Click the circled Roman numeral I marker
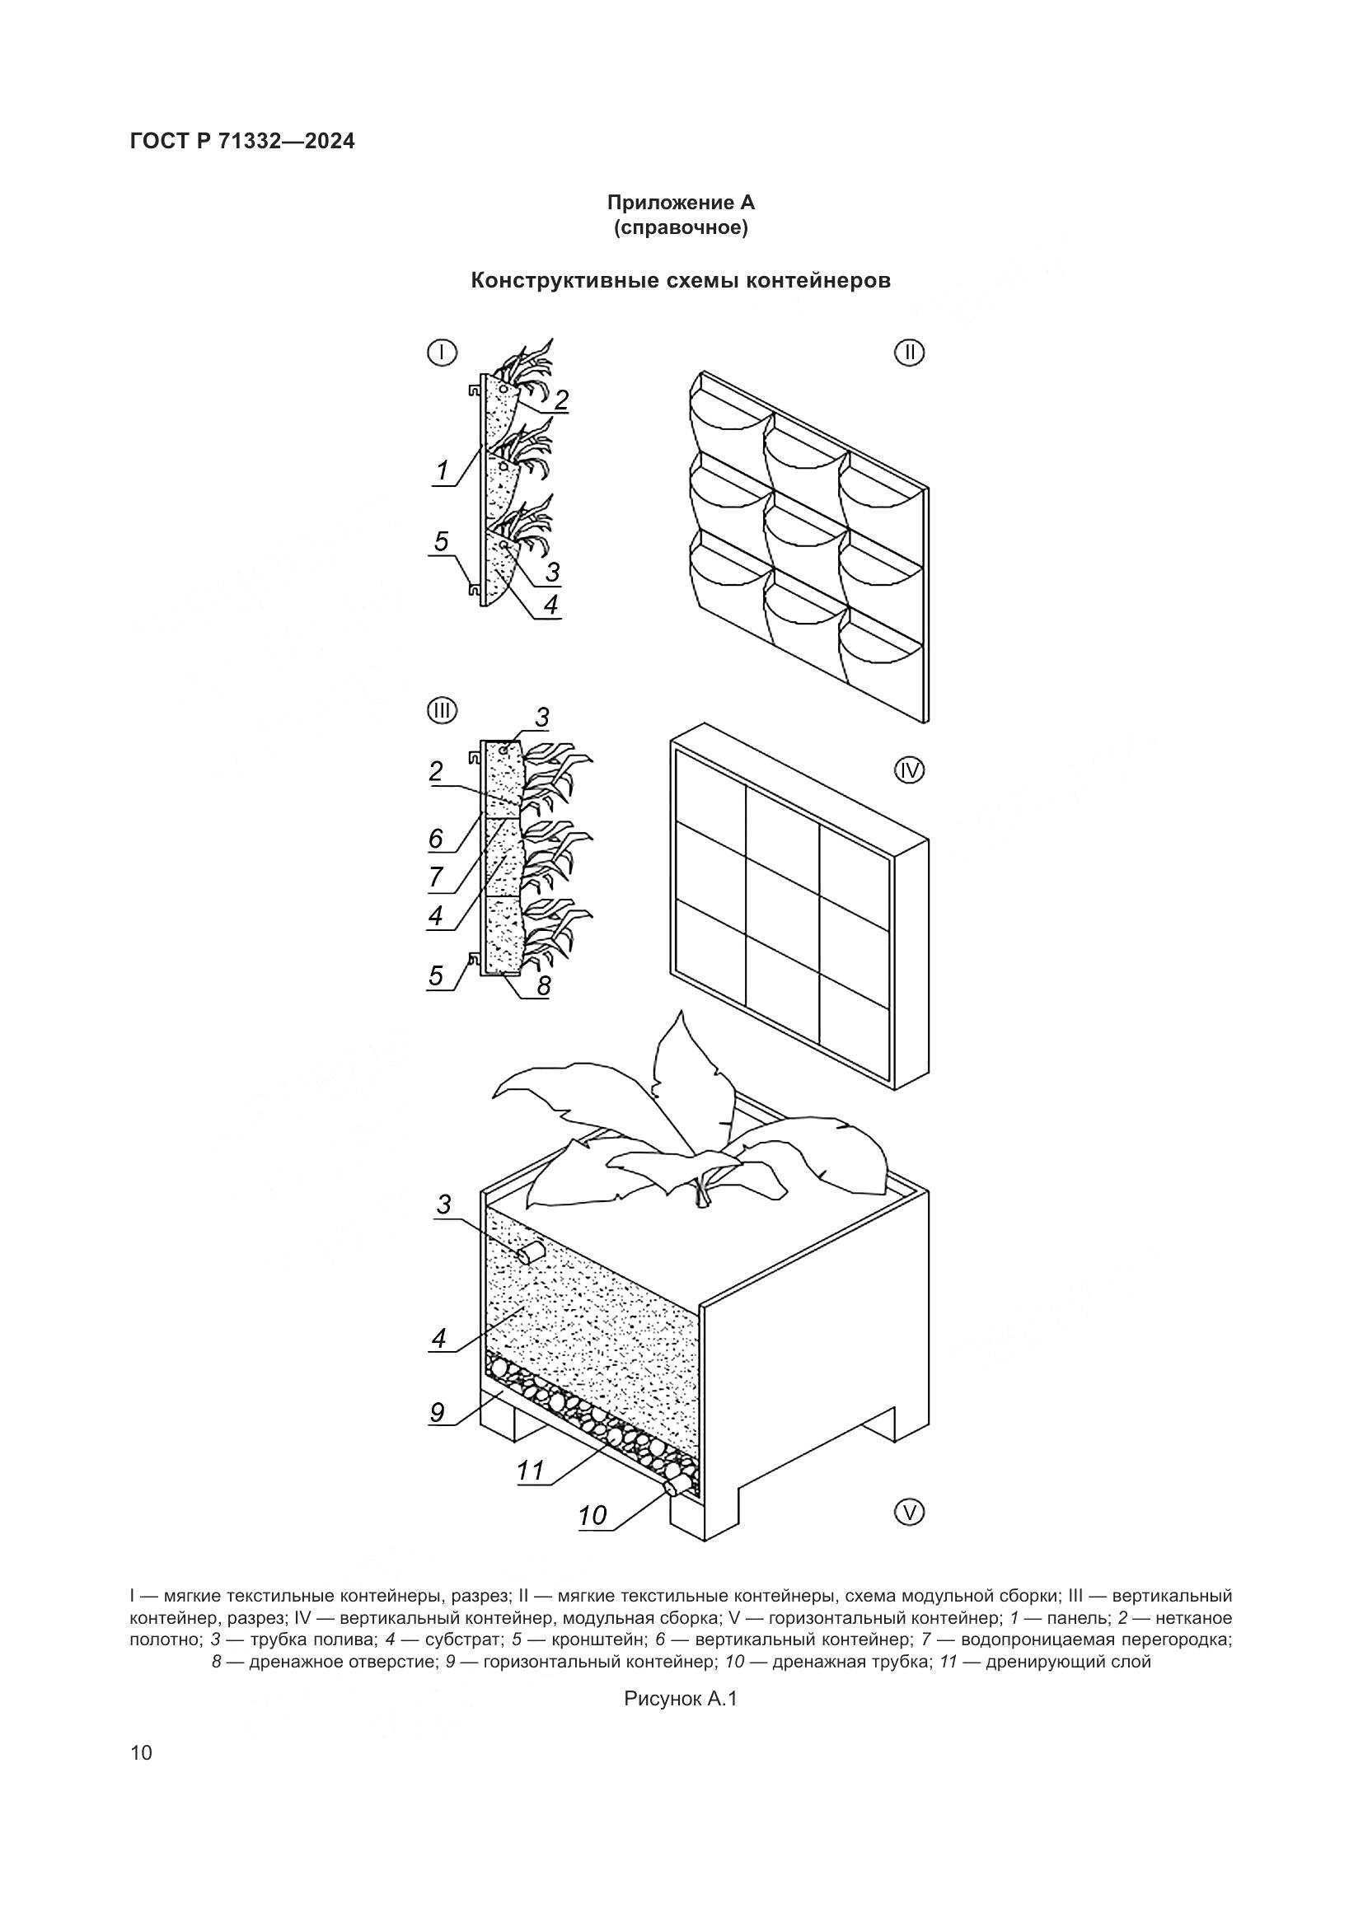(x=443, y=353)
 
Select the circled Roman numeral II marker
(x=909, y=353)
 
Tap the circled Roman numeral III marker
(x=443, y=712)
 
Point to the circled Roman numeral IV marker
(x=909, y=769)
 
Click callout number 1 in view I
(x=443, y=471)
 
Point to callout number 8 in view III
(x=544, y=985)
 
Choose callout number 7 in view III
(x=436, y=877)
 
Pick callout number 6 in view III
(x=436, y=838)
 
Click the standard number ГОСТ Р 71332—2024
(x=242, y=141)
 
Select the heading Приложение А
(x=681, y=203)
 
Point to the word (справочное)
(x=681, y=228)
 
